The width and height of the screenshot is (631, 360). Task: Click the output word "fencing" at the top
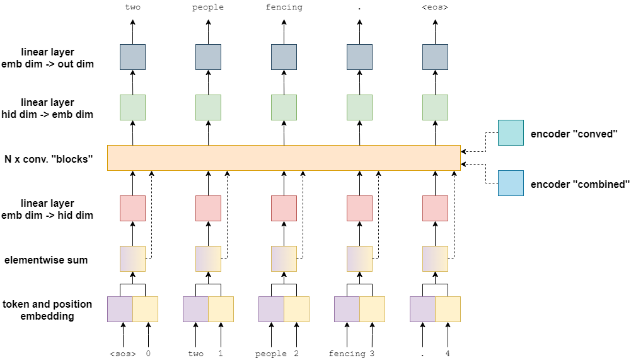[x=284, y=8]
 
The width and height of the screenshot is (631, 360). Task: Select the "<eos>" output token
[x=435, y=8]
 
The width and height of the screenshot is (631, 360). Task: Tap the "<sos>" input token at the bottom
[x=123, y=354]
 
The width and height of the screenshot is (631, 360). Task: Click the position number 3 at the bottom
[x=372, y=354]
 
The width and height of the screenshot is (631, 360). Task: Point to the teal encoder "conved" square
[x=511, y=132]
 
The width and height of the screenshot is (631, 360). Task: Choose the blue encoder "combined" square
[x=511, y=183]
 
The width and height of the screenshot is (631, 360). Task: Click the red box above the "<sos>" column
[x=132, y=208]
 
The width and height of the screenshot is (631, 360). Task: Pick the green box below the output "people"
[x=208, y=107]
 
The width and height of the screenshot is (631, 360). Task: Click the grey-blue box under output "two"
[x=132, y=57]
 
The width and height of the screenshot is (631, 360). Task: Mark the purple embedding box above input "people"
[x=271, y=309]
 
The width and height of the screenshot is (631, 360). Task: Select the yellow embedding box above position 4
[x=448, y=309]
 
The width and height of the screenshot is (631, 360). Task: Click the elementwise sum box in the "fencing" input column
[x=359, y=258]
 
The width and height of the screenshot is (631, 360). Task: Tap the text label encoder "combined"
[x=580, y=184]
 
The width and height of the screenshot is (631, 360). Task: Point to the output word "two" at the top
[x=132, y=8]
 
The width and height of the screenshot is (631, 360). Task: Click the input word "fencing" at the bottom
[x=347, y=354]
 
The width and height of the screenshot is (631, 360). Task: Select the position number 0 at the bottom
[x=148, y=354]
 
